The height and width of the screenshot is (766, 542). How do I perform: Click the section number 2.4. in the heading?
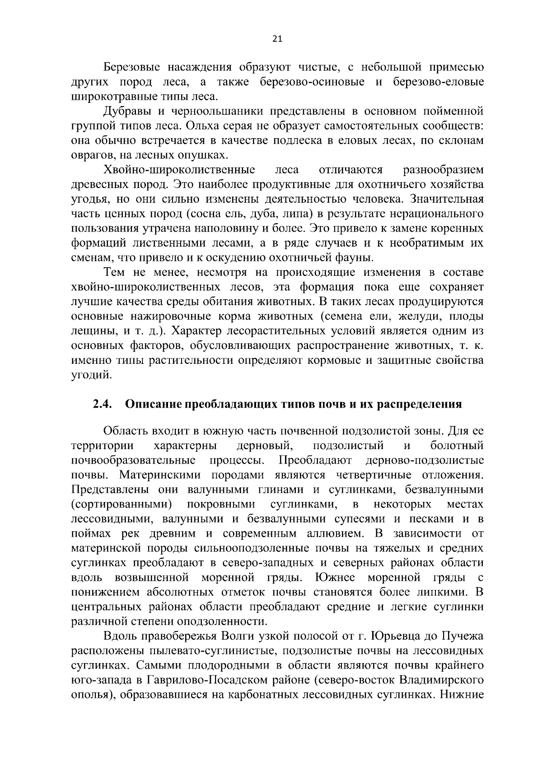point(102,404)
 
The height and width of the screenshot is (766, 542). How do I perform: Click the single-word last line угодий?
point(91,375)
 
